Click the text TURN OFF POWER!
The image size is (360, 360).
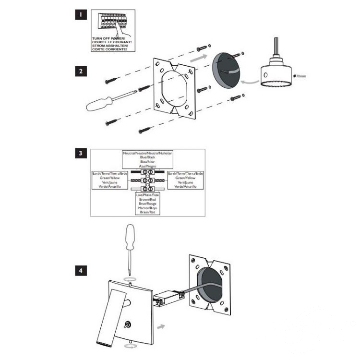click(112, 38)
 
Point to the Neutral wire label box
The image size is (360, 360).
click(147, 159)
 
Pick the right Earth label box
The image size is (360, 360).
click(185, 180)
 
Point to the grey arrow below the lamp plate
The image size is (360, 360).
click(162, 326)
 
